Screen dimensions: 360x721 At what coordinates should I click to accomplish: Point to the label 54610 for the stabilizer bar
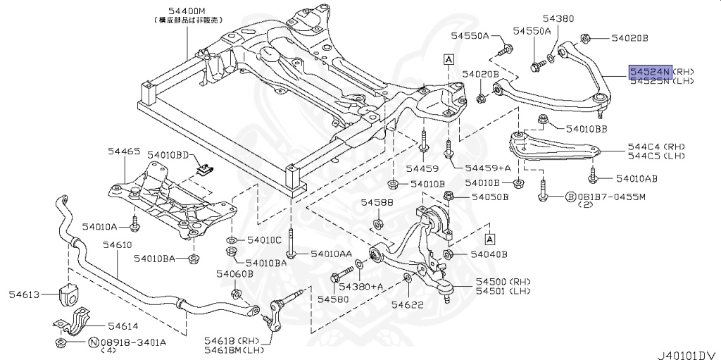[x=117, y=244]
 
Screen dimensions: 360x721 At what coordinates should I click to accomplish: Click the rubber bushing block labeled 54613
[x=69, y=294]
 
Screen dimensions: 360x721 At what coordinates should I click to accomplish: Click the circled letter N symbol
[x=92, y=342]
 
